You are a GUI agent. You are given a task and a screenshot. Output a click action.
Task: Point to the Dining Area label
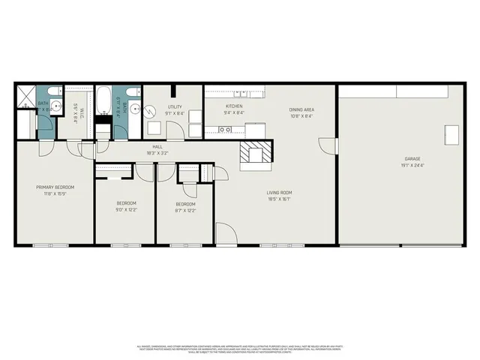coord(301,110)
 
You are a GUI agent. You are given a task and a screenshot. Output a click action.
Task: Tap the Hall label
coord(157,147)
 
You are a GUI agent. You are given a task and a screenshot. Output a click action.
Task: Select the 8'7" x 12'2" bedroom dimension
coord(185,211)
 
